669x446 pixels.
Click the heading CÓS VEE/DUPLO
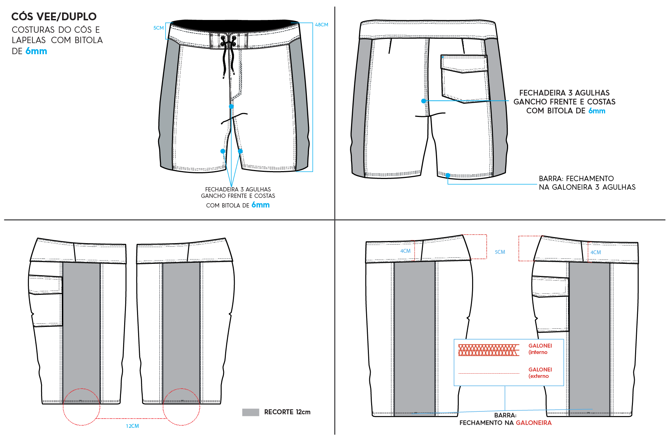54,16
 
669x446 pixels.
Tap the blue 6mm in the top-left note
36,51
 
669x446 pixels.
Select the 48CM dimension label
321,25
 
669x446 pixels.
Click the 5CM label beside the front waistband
158,28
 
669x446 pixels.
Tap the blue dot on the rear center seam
424,101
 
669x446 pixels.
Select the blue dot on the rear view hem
448,175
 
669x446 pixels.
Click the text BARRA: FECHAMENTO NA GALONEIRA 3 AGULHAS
587,183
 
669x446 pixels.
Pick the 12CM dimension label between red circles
132,426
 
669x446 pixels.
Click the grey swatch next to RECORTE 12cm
250,412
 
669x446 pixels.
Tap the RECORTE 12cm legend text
287,412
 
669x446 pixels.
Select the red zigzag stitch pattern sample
488,350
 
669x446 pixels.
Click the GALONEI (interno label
540,349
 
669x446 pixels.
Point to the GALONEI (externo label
540,373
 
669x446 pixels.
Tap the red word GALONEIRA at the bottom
534,423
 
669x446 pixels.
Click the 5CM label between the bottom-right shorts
500,252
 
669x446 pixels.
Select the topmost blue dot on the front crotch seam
231,106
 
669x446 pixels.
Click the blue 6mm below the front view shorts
260,205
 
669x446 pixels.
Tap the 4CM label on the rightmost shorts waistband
595,252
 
